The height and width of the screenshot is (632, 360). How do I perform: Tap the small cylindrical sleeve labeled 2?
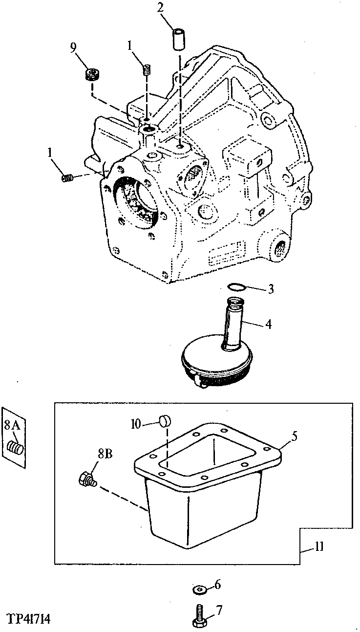click(179, 42)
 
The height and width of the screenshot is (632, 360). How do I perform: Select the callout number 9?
click(73, 48)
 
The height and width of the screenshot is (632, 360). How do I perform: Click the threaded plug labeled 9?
click(92, 75)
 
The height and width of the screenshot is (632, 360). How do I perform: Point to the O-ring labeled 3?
click(236, 287)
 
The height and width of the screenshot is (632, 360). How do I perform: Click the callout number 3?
click(271, 289)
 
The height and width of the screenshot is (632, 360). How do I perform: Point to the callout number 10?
click(136, 424)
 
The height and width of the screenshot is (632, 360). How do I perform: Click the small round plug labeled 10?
click(166, 421)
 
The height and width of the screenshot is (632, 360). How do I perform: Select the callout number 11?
click(318, 546)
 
